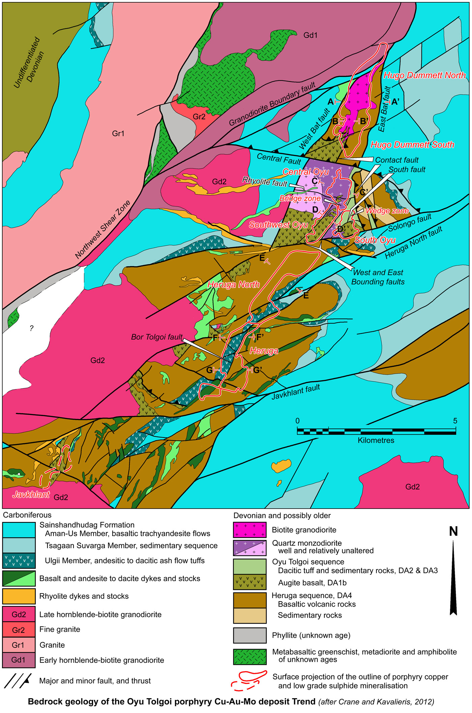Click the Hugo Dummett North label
pos(424,75)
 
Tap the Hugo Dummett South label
pos(412,145)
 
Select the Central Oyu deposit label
pos(305,172)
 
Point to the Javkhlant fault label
pos(296,393)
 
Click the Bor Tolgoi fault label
pos(157,337)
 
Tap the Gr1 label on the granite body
pos(118,134)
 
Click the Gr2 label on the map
pos(199,117)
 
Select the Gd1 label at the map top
pos(310,35)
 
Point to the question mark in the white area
pos(31,328)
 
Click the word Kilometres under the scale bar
pos(376,440)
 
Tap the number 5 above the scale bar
pos(455,421)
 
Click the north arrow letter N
pos(453,531)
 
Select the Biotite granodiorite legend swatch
pos(249,530)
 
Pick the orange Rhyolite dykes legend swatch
pos(19,596)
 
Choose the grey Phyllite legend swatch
pos(249,635)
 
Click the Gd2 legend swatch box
pos(19,614)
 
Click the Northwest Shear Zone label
pos(102,230)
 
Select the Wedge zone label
pos(387,211)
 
